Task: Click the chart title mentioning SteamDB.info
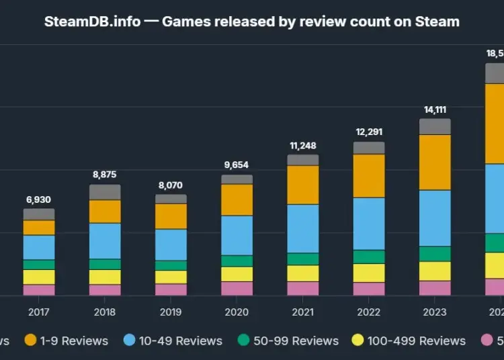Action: tap(251, 21)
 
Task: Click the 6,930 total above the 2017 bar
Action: tap(39, 199)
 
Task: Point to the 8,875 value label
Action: tap(105, 175)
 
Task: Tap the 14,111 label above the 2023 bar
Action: tap(435, 109)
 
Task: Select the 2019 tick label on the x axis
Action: tap(171, 312)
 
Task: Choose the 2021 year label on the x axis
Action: tap(302, 312)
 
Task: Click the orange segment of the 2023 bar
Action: tap(435, 162)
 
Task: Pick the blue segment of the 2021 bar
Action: tap(302, 228)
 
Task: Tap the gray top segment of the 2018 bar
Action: tap(105, 192)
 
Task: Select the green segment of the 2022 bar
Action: tap(369, 257)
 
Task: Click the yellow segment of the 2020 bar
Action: tap(237, 274)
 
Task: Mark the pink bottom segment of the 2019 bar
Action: tap(171, 289)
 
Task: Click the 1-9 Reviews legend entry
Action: tap(67, 341)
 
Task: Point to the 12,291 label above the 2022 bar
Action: tap(369, 132)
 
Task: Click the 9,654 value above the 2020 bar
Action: tap(237, 165)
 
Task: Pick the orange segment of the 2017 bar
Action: tap(39, 228)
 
